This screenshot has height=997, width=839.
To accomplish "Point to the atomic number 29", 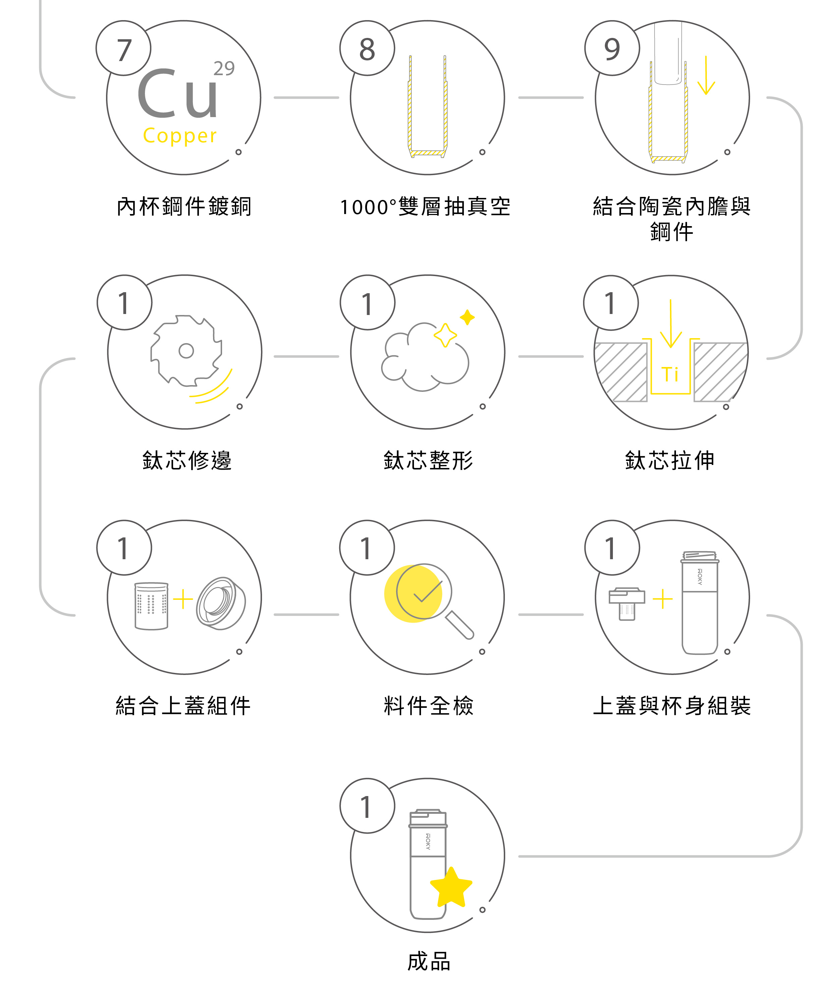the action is point(223,68).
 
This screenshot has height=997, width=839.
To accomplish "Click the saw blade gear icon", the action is point(186,351).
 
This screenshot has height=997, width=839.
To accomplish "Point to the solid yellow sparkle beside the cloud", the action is point(467,317).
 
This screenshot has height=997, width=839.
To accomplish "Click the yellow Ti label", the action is point(670,374).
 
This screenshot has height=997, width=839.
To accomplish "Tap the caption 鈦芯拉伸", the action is point(670,461).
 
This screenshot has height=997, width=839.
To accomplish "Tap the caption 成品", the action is point(428,961).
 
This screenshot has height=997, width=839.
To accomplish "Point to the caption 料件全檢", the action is point(428,705).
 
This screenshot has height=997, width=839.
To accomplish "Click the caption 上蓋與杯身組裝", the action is point(672,705).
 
